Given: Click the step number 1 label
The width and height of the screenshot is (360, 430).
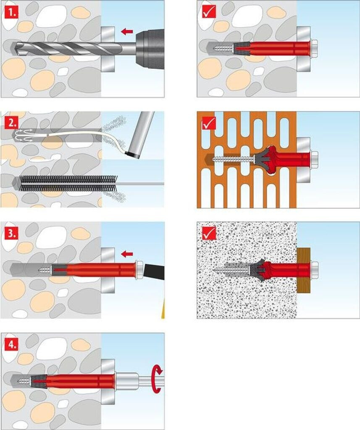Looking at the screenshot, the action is pos(11,13).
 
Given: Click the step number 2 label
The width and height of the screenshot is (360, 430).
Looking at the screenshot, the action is pos(11,123).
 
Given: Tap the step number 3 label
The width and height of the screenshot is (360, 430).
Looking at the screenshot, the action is pos(11,234).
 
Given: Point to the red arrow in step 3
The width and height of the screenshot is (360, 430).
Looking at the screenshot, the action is pos(126,254).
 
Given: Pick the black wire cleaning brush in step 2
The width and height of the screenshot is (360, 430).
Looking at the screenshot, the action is pos(67,183).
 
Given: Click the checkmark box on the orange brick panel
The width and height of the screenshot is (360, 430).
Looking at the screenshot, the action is pos(209,122).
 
